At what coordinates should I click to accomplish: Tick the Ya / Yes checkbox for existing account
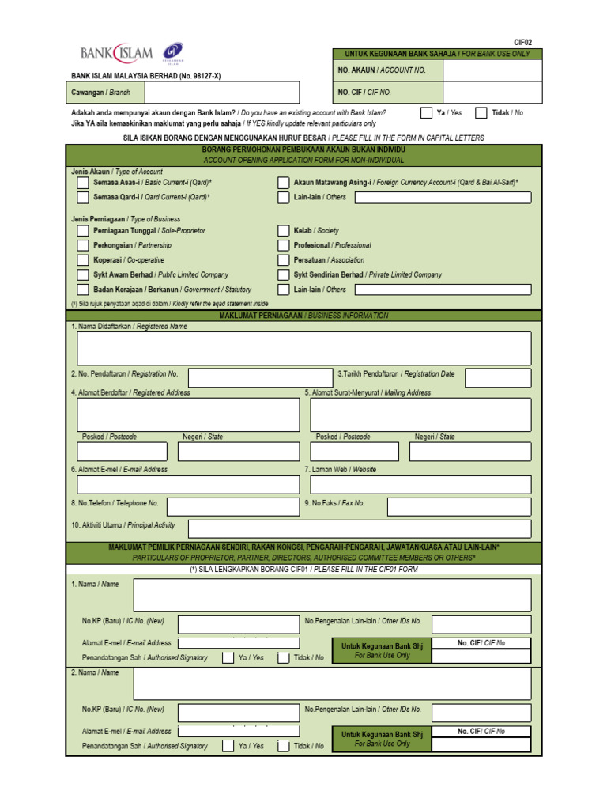click(x=426, y=113)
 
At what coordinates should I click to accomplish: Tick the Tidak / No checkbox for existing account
click(x=481, y=113)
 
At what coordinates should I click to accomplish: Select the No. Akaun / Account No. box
click(x=492, y=70)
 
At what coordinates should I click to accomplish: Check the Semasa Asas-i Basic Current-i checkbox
click(x=83, y=183)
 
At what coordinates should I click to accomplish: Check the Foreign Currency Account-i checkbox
click(x=284, y=183)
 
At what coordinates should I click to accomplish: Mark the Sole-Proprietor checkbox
click(x=83, y=231)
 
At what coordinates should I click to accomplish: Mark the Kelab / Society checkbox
click(x=284, y=231)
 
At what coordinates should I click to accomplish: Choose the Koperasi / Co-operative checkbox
click(x=83, y=260)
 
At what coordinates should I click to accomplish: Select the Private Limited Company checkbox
click(x=284, y=275)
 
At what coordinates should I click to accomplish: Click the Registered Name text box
click(x=304, y=349)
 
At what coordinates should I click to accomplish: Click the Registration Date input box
click(x=498, y=378)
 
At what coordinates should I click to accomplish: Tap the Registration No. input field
click(x=260, y=378)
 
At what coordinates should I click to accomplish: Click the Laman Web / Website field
click(x=420, y=484)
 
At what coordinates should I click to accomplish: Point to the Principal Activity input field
click(x=360, y=528)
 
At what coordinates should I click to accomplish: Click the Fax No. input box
click(x=458, y=506)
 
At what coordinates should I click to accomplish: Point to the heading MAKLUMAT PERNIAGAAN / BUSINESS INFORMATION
click(x=303, y=316)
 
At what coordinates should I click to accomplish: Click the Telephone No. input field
click(x=232, y=506)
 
